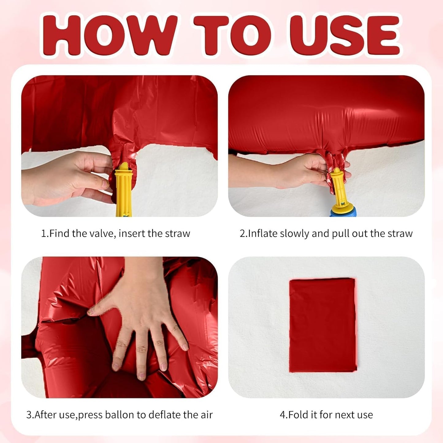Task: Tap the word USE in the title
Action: pos(345,35)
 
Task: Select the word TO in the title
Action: pos(232,35)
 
